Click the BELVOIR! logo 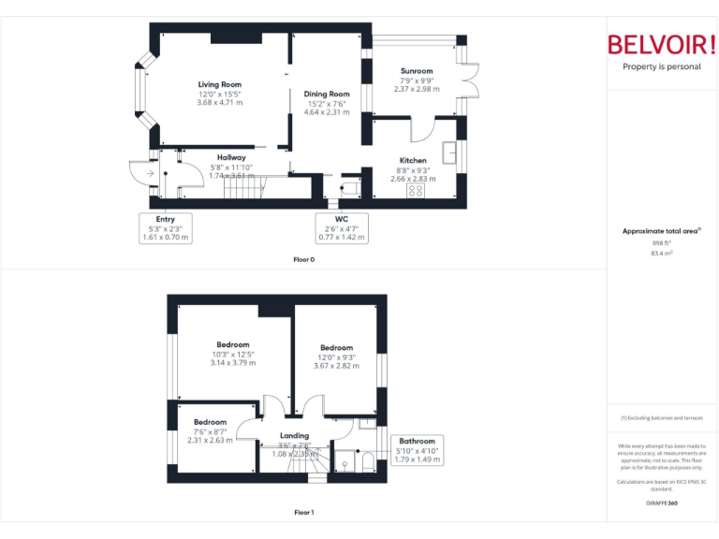(662, 45)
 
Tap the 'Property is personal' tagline (662, 66)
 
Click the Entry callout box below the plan (165, 227)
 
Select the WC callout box (342, 227)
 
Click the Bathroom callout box (417, 450)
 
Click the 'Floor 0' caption (304, 258)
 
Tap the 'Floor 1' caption (304, 512)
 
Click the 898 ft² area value (662, 242)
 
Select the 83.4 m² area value (662, 253)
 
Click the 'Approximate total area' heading (661, 230)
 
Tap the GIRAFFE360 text (662, 503)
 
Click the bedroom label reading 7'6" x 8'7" (210, 430)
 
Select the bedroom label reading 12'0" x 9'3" (336, 357)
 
